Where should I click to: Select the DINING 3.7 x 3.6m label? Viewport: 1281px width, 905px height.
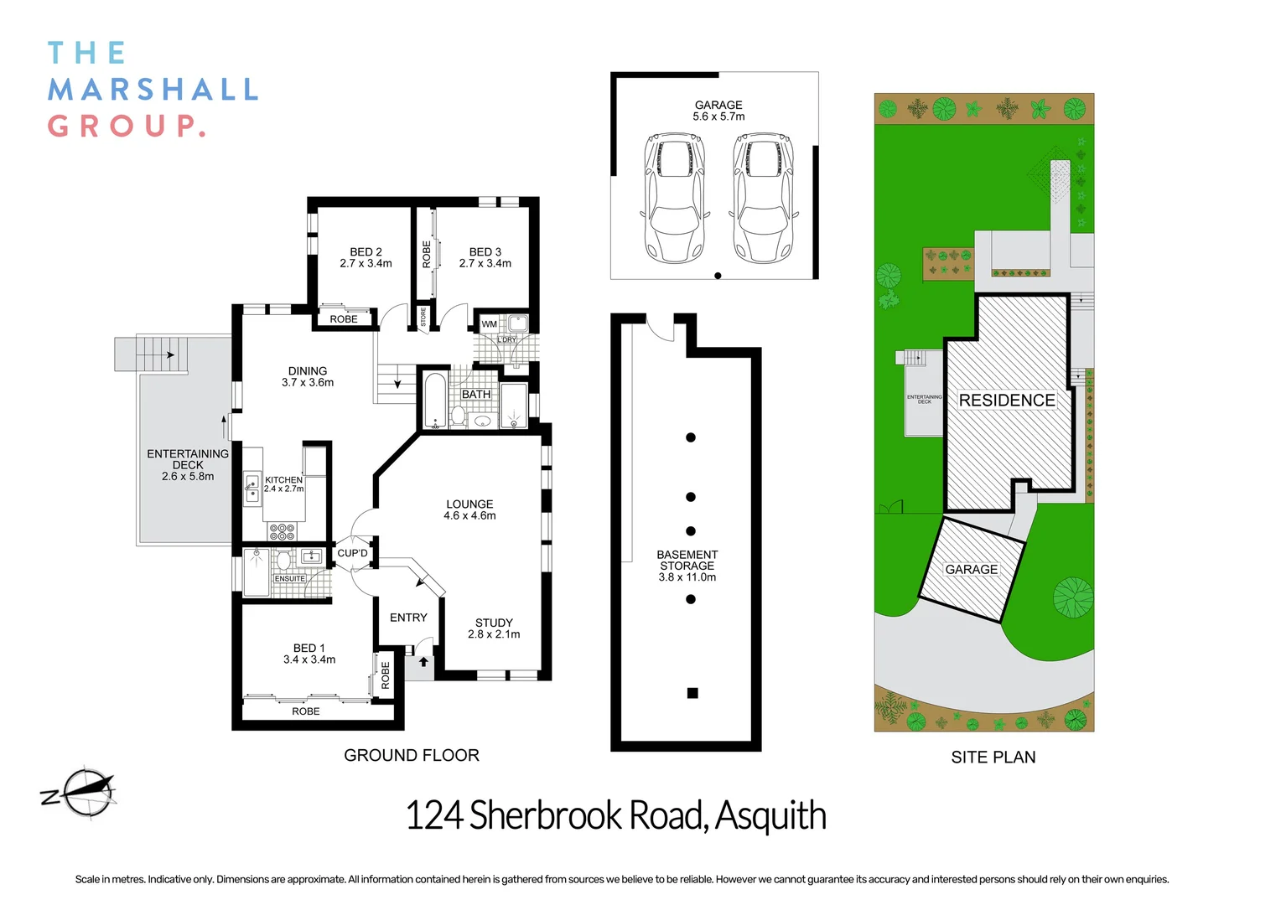pyautogui.click(x=308, y=376)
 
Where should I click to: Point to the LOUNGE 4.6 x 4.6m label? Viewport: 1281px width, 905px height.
pyautogui.click(x=469, y=509)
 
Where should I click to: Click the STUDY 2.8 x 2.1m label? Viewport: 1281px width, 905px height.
pyautogui.click(x=494, y=628)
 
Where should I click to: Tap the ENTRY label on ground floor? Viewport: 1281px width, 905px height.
pyautogui.click(x=408, y=618)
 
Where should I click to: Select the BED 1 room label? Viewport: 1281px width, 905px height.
pyautogui.click(x=309, y=654)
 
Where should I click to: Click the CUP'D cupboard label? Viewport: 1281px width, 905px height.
pyautogui.click(x=352, y=553)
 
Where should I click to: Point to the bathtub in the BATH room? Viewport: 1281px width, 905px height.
pyautogui.click(x=434, y=401)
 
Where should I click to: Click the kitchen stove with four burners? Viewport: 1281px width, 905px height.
pyautogui.click(x=282, y=531)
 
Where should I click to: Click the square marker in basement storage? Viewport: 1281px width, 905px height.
pyautogui.click(x=692, y=693)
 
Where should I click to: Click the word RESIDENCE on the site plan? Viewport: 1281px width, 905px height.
pyautogui.click(x=1007, y=401)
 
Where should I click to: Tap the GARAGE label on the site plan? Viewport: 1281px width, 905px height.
pyautogui.click(x=972, y=570)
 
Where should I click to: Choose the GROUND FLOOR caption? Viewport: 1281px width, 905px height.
pyautogui.click(x=412, y=755)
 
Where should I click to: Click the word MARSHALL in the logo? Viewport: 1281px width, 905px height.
pyautogui.click(x=153, y=90)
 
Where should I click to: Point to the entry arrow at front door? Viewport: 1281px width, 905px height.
pyautogui.click(x=424, y=662)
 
